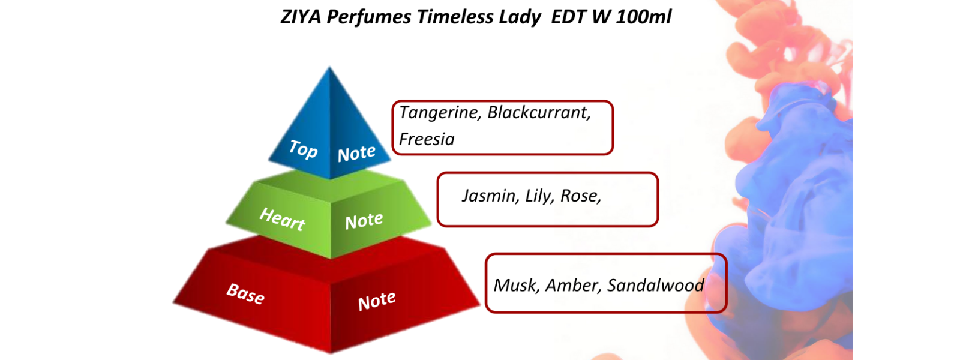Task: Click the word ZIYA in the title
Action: (301, 17)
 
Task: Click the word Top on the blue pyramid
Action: (303, 149)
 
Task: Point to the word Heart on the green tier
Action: (282, 219)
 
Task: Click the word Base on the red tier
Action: (245, 294)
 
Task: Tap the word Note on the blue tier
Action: (356, 153)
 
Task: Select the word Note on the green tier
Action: (364, 221)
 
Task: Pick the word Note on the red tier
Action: (377, 301)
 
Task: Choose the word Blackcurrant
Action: (539, 112)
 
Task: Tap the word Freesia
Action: (427, 139)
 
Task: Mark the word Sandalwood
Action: (656, 286)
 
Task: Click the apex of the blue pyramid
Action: (329, 67)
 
